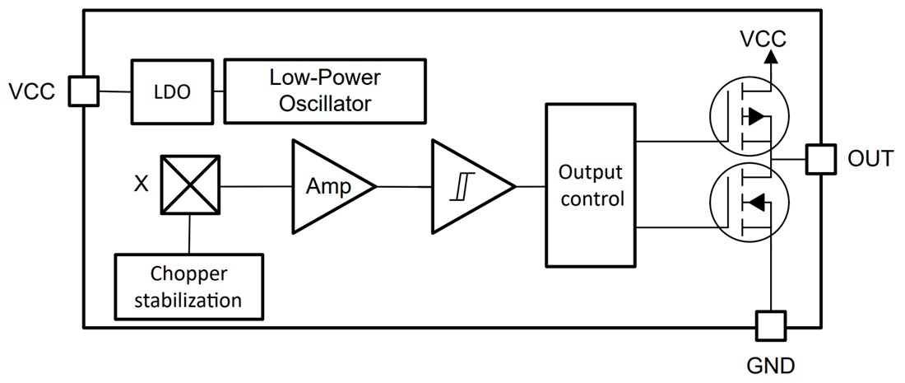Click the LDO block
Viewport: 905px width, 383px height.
click(x=172, y=92)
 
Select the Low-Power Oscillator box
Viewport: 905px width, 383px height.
click(x=324, y=91)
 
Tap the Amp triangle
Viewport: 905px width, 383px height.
click(x=326, y=187)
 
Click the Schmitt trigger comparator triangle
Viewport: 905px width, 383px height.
click(x=466, y=187)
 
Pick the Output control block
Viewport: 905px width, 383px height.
click(x=590, y=186)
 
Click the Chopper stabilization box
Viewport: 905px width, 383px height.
click(x=189, y=287)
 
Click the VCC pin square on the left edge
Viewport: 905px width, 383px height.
click(x=83, y=91)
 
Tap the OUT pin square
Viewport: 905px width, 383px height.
click(x=820, y=158)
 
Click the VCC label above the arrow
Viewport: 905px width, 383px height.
click(x=763, y=38)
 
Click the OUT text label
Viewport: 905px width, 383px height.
click(x=870, y=158)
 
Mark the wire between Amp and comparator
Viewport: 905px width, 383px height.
click(x=405, y=187)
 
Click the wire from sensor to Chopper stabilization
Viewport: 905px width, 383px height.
click(x=190, y=236)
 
